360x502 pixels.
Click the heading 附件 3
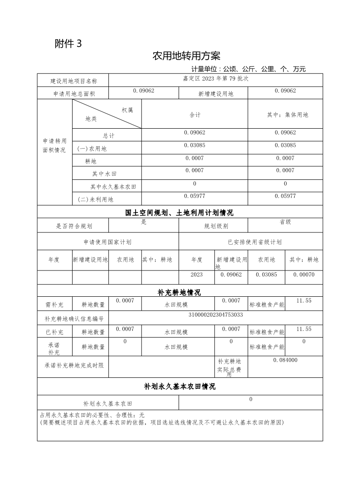tap(68, 43)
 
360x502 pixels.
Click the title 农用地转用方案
tap(186, 56)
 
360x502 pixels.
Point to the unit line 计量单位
tap(248, 69)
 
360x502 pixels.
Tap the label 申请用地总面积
tap(73, 94)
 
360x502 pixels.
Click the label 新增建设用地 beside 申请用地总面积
tap(216, 94)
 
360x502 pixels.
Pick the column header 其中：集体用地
tap(287, 115)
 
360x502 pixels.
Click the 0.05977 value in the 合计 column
tap(195, 196)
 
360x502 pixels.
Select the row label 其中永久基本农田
tap(113, 187)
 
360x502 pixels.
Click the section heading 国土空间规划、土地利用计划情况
tap(180, 212)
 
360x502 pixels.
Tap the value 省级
tap(285, 222)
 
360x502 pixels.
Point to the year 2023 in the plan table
tap(197, 275)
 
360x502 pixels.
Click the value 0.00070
tap(304, 275)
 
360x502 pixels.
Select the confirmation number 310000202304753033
tap(215, 314)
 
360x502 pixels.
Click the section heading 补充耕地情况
tap(180, 292)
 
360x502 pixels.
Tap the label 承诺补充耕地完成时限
tap(74, 365)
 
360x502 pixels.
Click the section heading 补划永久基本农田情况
tap(180, 386)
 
